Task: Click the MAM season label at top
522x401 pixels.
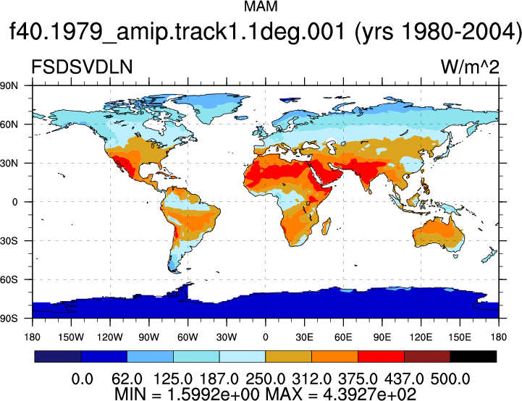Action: click(x=261, y=7)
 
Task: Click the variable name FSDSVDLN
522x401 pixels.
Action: click(x=82, y=67)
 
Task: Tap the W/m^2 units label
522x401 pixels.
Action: click(x=470, y=67)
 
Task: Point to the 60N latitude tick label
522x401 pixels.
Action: click(x=9, y=124)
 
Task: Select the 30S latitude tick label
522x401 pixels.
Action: click(x=9, y=240)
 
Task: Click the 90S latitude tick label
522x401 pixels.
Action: click(x=9, y=318)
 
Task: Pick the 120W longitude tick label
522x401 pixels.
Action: click(x=110, y=337)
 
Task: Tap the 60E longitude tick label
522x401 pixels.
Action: click(x=343, y=337)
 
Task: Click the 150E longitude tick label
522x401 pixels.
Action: click(x=460, y=337)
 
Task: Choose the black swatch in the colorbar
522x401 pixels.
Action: click(x=473, y=356)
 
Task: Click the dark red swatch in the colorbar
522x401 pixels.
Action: click(x=427, y=356)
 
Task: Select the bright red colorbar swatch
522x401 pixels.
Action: click(x=381, y=356)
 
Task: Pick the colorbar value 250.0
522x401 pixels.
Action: click(x=265, y=379)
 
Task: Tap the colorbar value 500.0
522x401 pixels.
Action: click(x=450, y=379)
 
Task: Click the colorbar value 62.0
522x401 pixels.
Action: click(x=127, y=379)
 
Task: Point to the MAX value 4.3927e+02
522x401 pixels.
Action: click(x=369, y=394)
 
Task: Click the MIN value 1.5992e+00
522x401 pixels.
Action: click(x=213, y=394)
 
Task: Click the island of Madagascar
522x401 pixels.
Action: click(x=327, y=227)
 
